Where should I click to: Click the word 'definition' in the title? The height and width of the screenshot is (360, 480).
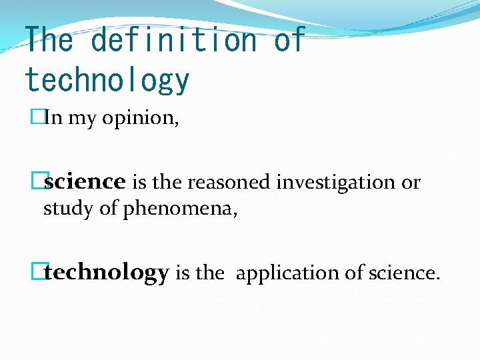pos(173,40)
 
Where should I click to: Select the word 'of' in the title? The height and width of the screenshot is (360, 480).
pos(289,40)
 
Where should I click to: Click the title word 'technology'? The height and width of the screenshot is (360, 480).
pos(107,80)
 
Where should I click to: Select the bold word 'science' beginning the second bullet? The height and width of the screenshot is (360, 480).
pos(85,182)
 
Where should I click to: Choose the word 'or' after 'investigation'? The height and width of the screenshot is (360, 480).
pos(411,183)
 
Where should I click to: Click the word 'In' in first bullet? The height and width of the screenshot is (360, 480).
pos(53,119)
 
